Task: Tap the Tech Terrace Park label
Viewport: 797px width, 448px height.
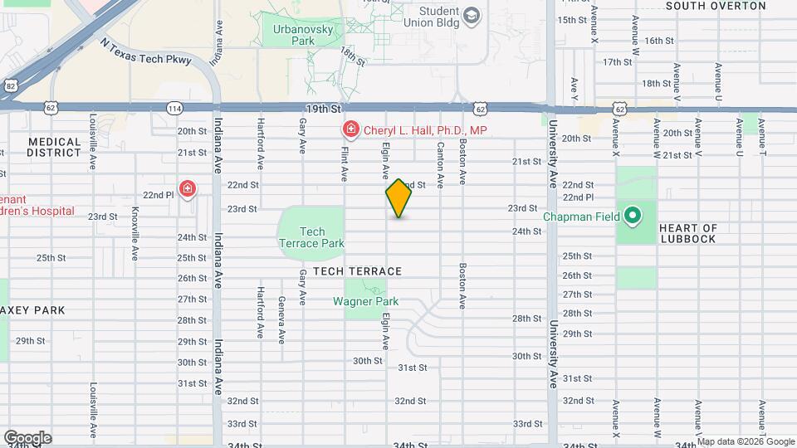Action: [x=311, y=237]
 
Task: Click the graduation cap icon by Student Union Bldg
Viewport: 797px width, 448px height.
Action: [x=472, y=16]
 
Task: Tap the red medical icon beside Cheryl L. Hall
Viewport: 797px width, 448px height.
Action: [x=350, y=130]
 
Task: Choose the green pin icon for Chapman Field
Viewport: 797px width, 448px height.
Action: [x=633, y=217]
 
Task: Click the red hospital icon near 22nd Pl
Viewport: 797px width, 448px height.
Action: [x=188, y=190]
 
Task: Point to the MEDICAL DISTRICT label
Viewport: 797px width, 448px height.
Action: [x=54, y=147]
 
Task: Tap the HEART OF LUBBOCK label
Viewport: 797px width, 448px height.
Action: [x=687, y=233]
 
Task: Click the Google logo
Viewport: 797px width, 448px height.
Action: [x=27, y=437]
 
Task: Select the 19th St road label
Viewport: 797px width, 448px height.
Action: [x=324, y=109]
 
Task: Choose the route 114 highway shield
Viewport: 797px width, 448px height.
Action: [x=175, y=108]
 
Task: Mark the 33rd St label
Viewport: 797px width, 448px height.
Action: [x=527, y=423]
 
